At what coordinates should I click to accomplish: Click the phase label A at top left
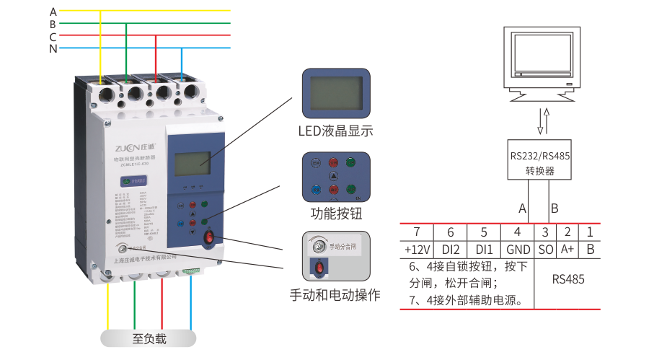pyautogui.click(x=53, y=11)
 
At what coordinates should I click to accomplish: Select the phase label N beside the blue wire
pyautogui.click(x=53, y=49)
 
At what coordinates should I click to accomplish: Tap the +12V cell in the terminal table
pyautogui.click(x=417, y=249)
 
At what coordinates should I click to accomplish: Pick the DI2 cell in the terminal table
pyautogui.click(x=451, y=249)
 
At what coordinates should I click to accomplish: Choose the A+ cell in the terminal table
pyautogui.click(x=567, y=249)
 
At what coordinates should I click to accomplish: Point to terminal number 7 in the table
pyautogui.click(x=417, y=232)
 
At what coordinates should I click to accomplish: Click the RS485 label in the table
pyautogui.click(x=568, y=279)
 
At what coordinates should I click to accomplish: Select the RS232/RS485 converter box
pyautogui.click(x=539, y=160)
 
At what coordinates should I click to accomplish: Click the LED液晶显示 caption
pyautogui.click(x=335, y=131)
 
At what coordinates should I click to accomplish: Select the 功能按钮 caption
pyautogui.click(x=335, y=213)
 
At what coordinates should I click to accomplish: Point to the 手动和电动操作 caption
pyautogui.click(x=335, y=296)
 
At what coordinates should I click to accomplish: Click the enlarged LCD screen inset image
pyautogui.click(x=335, y=95)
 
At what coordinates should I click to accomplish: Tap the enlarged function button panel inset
pyautogui.click(x=335, y=176)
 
